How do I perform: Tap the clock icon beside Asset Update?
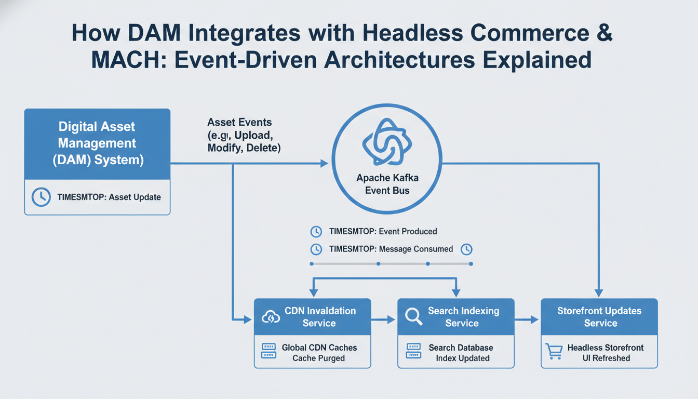[41, 197]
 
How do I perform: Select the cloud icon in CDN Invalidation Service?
[271, 317]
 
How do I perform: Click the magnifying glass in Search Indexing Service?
[413, 316]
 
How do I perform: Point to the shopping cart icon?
[554, 352]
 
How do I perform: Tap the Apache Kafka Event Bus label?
[387, 184]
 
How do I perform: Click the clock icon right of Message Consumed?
[466, 249]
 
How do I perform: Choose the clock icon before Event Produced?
[316, 231]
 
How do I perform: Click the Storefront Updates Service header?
[599, 317]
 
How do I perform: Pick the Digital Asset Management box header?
[97, 143]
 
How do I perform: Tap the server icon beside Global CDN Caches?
[268, 352]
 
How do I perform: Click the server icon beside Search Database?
[413, 352]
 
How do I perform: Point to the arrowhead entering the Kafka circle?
[324, 163]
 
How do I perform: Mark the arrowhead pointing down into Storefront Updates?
[599, 294]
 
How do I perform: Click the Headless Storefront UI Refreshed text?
[605, 353]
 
